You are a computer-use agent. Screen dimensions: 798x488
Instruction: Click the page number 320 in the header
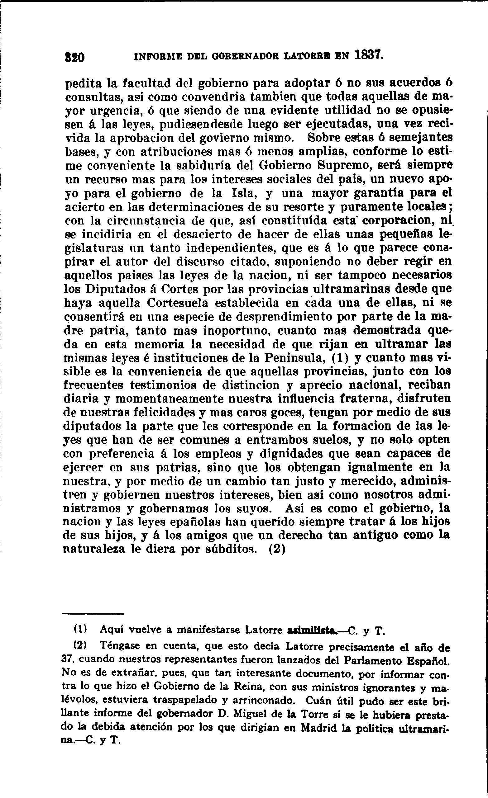pyautogui.click(x=74, y=57)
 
